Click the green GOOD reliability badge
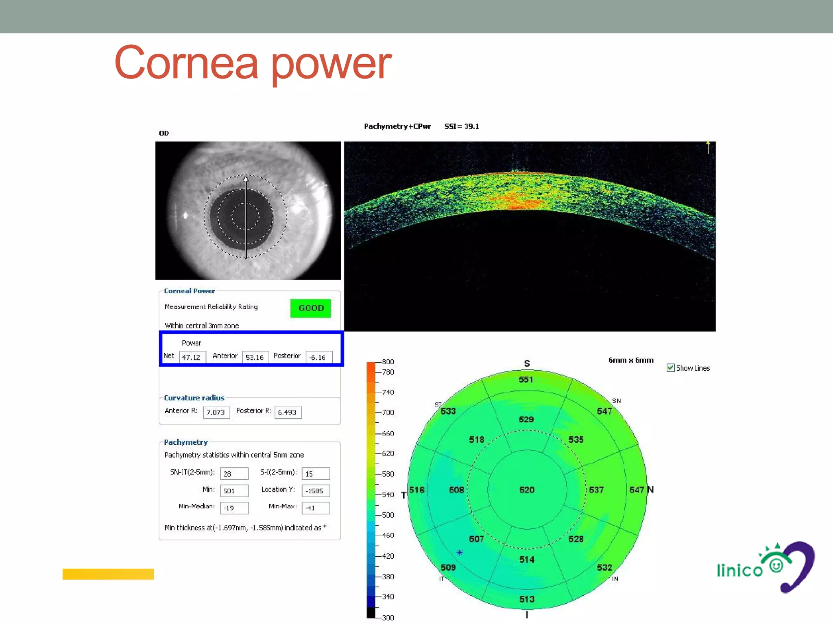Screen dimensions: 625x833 click(310, 308)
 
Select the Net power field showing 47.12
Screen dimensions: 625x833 click(192, 357)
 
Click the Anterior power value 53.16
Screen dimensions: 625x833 click(255, 357)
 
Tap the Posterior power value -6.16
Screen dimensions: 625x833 click(318, 357)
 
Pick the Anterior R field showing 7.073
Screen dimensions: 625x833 click(216, 412)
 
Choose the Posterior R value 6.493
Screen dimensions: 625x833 click(288, 412)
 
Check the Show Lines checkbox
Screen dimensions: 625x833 click(670, 368)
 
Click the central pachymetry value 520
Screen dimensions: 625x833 click(527, 490)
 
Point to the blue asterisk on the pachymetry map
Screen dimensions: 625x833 click(460, 553)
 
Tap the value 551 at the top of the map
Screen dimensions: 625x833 click(526, 380)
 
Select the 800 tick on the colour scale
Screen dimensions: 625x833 click(388, 362)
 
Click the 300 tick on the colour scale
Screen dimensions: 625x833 click(388, 617)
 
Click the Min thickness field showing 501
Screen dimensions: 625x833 click(234, 491)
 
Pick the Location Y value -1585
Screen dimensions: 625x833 click(315, 491)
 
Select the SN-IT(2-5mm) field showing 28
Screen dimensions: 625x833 click(234, 474)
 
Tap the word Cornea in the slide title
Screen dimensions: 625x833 click(186, 63)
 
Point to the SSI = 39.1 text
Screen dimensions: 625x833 click(462, 127)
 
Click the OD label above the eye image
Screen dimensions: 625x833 click(164, 133)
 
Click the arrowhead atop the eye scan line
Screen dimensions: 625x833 click(246, 179)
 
